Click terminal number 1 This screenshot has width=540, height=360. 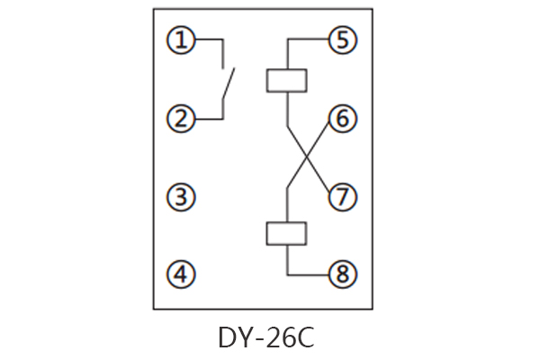pos(183,40)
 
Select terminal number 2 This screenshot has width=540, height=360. pos(183,119)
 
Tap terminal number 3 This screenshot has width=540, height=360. pos(183,197)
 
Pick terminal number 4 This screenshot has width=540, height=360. pos(183,274)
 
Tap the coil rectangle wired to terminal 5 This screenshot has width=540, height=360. pos(287,79)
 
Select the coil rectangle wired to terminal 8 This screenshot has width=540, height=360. pos(287,234)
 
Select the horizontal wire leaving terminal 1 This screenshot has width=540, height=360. pos(207,40)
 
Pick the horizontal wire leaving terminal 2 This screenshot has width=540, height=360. pos(207,119)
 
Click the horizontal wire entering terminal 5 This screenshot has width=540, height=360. pos(308,40)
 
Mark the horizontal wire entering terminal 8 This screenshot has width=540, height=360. pos(308,274)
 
